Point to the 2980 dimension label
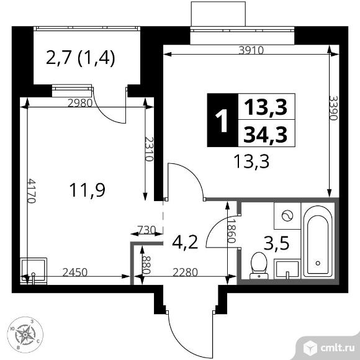pyautogui.click(x=78, y=103)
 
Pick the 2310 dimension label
pyautogui.click(x=149, y=149)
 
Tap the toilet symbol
pyautogui.click(x=257, y=265)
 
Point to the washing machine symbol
pyautogui.click(x=286, y=217)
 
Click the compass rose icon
pyautogui.click(x=25, y=335)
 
